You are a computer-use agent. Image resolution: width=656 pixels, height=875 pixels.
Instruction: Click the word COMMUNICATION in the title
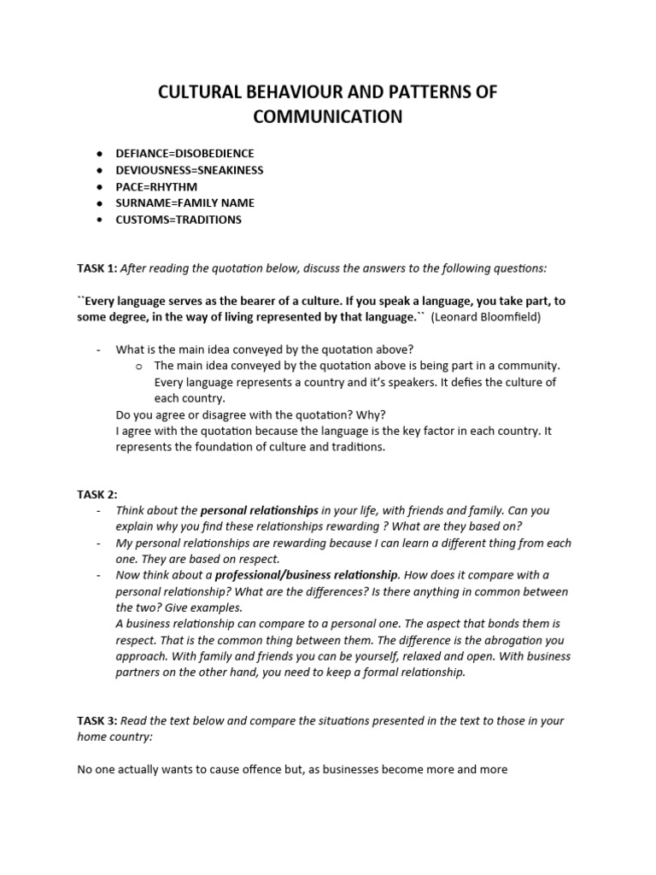tap(327, 116)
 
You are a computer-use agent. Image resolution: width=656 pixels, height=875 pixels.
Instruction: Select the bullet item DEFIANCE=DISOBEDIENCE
tap(185, 153)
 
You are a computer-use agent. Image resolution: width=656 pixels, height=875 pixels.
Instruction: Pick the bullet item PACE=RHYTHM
tap(157, 186)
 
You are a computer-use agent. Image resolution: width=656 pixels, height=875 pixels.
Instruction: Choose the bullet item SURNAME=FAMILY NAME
tap(185, 203)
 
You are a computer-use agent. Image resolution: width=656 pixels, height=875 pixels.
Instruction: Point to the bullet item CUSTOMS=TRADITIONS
tap(179, 220)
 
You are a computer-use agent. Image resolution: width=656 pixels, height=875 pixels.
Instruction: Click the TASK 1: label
tap(97, 268)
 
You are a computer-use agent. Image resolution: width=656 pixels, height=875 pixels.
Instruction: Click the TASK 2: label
tap(97, 495)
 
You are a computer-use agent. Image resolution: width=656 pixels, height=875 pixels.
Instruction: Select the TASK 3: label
tap(97, 721)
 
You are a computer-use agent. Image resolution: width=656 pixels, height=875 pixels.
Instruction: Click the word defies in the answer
tap(463, 382)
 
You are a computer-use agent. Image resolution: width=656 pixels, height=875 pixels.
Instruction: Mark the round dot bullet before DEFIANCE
tap(100, 153)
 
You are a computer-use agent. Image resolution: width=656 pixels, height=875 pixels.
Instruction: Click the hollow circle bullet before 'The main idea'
tap(138, 366)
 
